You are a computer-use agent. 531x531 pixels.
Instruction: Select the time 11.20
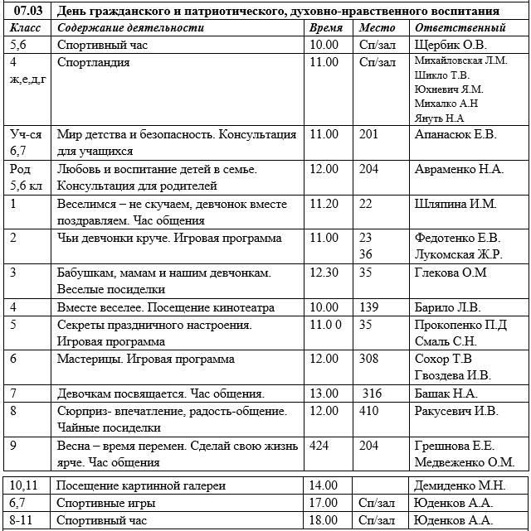[324, 204]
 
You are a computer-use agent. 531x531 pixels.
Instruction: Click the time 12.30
[324, 272]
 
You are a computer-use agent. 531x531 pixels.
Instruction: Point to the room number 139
[371, 307]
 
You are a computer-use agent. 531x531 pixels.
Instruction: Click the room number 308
[371, 359]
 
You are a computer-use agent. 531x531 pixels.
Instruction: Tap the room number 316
[373, 393]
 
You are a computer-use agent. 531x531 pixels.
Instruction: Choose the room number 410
[371, 410]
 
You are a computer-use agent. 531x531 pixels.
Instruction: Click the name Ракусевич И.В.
[456, 410]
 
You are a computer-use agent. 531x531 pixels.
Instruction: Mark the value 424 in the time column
[319, 445]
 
